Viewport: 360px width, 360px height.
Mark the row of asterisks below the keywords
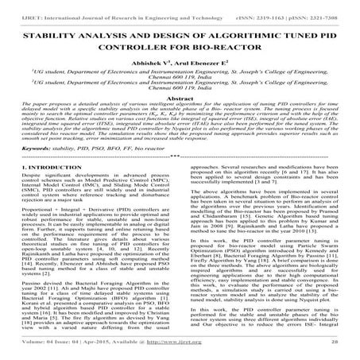tap(180, 203)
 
